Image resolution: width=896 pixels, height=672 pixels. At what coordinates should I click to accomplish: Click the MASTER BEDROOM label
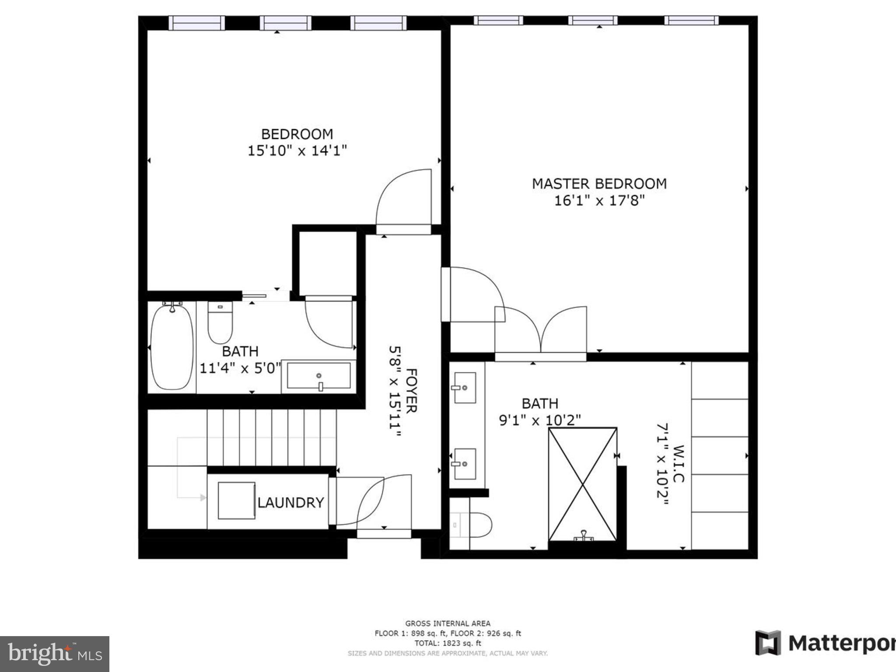click(599, 184)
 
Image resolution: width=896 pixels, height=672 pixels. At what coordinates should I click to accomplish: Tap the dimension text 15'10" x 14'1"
click(297, 151)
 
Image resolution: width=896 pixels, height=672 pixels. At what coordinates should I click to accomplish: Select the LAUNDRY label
click(290, 502)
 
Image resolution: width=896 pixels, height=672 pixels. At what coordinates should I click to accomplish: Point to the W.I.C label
click(678, 464)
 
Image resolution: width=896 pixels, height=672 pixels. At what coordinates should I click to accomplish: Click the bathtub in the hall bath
click(172, 347)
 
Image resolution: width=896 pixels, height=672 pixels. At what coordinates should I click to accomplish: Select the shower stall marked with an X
click(583, 484)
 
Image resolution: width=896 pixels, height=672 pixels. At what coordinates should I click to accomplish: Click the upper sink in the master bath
click(465, 388)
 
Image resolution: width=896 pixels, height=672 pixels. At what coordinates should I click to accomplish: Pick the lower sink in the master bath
click(465, 464)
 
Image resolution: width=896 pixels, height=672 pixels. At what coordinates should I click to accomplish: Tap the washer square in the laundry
click(236, 500)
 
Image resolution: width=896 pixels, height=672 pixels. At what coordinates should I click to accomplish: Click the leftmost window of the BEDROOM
click(196, 23)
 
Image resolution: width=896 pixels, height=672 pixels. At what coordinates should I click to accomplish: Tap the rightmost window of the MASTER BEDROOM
click(691, 20)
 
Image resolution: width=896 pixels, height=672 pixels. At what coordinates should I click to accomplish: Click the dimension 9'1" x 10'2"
click(540, 420)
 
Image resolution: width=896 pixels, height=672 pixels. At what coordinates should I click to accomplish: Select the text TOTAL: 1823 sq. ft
click(448, 643)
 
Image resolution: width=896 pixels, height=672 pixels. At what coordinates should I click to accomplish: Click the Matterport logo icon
click(768, 643)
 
